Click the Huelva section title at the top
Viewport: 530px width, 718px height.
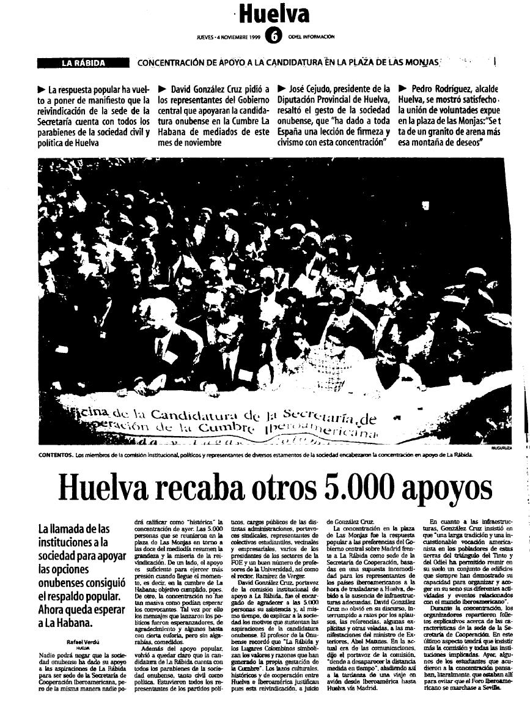coord(274,13)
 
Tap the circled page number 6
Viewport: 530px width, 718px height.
coord(274,37)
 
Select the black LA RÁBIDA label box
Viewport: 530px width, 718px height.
coord(83,62)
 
